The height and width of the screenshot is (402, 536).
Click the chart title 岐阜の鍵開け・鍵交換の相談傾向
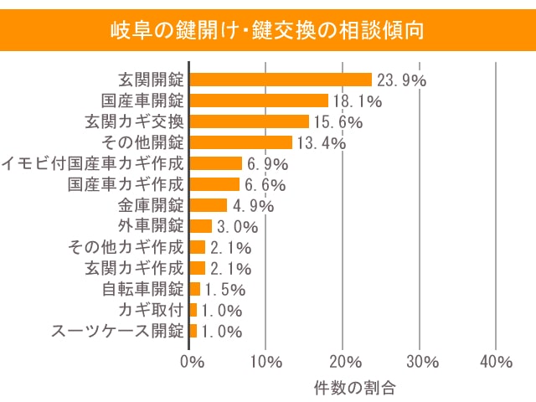(268, 31)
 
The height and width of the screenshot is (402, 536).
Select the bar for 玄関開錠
(281, 80)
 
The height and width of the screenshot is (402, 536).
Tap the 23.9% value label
(401, 80)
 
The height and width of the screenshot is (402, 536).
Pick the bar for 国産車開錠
(259, 100)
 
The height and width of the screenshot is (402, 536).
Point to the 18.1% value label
(357, 101)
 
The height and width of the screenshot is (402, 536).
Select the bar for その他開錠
(241, 142)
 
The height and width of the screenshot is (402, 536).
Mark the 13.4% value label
(321, 143)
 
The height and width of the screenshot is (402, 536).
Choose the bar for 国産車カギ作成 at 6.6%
(214, 184)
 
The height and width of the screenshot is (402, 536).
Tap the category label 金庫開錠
(151, 205)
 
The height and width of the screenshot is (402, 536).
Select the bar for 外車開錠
(201, 226)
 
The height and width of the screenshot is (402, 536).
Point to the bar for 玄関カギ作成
(198, 268)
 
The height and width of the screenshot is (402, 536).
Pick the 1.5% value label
(224, 290)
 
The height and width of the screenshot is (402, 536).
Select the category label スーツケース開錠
(117, 331)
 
